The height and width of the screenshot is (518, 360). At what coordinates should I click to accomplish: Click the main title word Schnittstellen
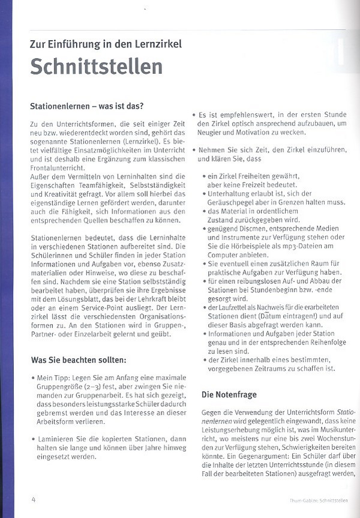click(x=96, y=67)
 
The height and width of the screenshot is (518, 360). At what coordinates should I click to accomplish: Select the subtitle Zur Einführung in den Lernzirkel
click(x=106, y=44)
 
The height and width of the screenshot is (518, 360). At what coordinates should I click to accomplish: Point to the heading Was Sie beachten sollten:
click(x=79, y=360)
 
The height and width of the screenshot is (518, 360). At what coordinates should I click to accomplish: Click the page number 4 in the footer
click(x=34, y=499)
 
